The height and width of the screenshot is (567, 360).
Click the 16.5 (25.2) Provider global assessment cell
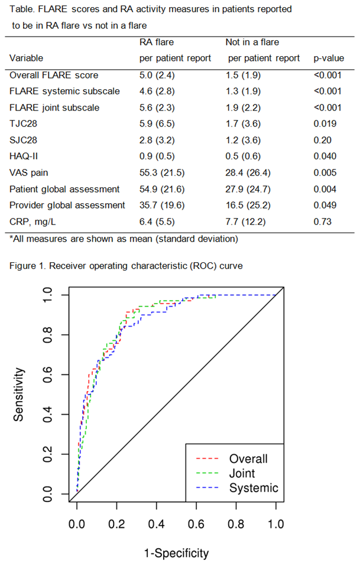coord(248,205)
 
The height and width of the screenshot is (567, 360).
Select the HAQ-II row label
coord(24,156)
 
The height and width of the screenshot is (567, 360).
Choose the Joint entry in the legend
coord(242,473)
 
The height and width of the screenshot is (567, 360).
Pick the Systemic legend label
coord(254,488)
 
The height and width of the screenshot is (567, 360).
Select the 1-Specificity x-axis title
coord(176,553)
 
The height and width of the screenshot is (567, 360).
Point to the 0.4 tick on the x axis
coord(156,523)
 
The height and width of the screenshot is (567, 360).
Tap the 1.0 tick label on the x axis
coord(276,523)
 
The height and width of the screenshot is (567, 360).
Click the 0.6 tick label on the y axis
coord(48,374)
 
